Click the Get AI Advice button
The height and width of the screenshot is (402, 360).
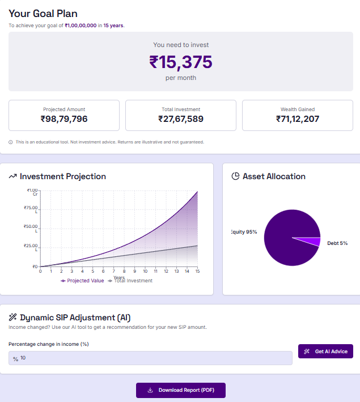pos(326,352)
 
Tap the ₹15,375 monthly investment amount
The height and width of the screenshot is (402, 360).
pos(180,62)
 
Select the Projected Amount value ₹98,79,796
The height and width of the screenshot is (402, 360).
pos(64,119)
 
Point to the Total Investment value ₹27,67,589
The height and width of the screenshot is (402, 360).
pos(180,119)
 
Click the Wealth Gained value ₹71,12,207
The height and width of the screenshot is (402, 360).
pos(298,119)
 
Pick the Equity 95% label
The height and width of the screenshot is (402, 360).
pos(244,232)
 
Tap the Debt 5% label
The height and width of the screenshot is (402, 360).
pos(337,243)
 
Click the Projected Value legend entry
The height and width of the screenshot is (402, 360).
pos(83,281)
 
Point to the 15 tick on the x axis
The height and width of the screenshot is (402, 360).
pos(197,272)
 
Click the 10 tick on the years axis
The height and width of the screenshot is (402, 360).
pos(145,272)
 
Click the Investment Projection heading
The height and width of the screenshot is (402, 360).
pos(62,176)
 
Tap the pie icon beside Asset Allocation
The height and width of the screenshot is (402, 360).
pos(235,176)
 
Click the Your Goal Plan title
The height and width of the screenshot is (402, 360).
pos(43,14)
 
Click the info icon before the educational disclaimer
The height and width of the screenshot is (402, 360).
pos(11,142)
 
